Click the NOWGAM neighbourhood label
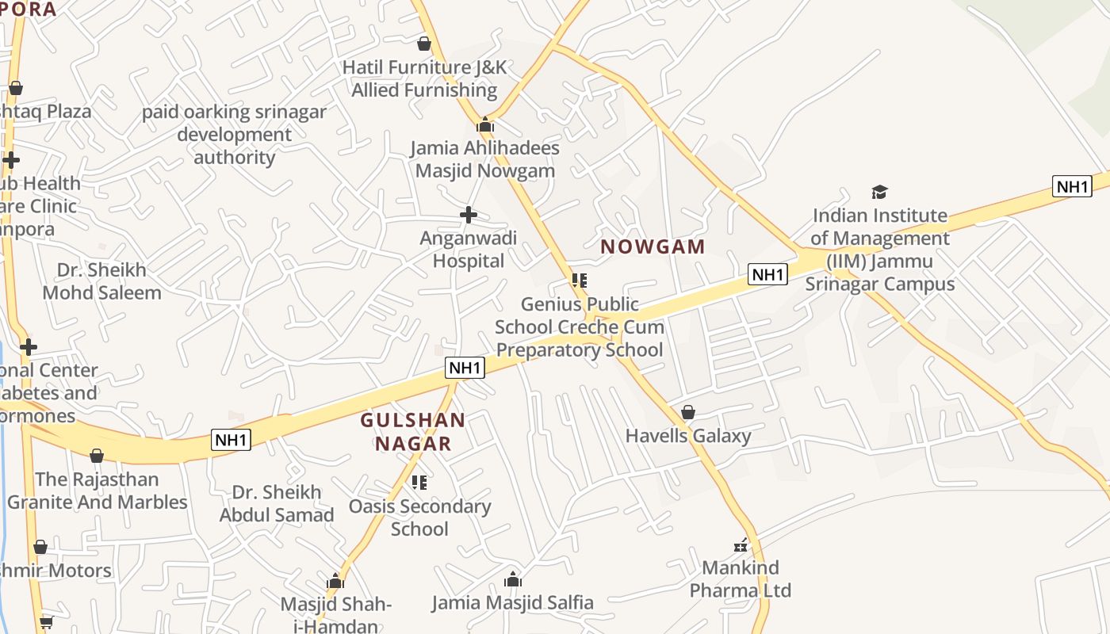click(x=653, y=246)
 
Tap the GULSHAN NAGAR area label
click(x=413, y=432)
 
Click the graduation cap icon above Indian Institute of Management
click(x=879, y=192)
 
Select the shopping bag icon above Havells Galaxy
click(x=688, y=412)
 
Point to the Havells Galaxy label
click(x=688, y=435)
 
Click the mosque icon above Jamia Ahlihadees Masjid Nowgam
click(x=485, y=124)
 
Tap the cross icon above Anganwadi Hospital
click(x=469, y=214)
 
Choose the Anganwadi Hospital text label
click(x=469, y=250)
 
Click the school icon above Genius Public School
click(x=580, y=281)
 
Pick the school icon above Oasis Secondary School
click(x=419, y=482)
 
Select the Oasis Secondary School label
click(x=420, y=518)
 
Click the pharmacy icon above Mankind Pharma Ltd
click(x=741, y=545)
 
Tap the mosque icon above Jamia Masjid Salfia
click(x=513, y=579)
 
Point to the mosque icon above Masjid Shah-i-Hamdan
click(x=335, y=581)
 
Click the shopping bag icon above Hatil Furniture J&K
click(x=424, y=44)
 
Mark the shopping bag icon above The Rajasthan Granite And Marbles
click(x=97, y=456)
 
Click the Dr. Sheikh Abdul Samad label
click(x=277, y=503)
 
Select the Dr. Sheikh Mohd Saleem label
click(x=101, y=281)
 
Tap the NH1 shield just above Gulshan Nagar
click(x=465, y=368)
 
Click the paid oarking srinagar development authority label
click(x=234, y=135)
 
